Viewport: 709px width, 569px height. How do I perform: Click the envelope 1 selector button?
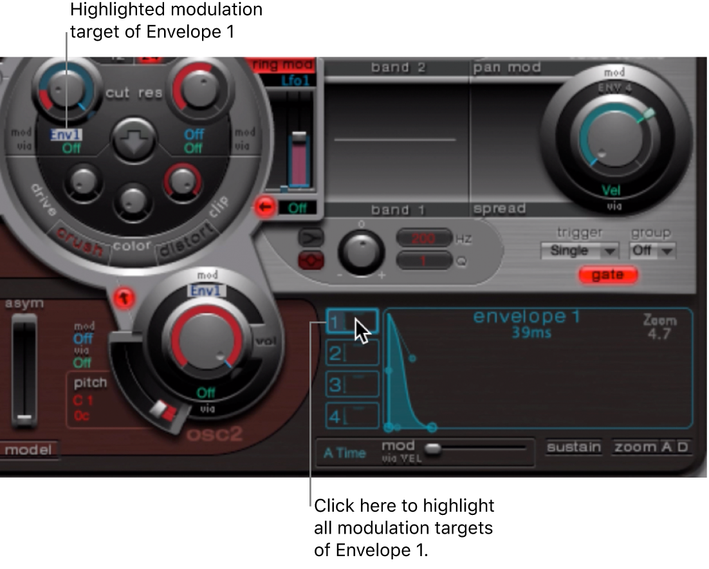click(351, 320)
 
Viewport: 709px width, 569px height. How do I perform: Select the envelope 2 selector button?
click(351, 353)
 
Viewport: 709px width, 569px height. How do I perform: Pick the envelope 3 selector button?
click(351, 384)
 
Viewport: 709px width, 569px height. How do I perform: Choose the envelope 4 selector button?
click(351, 416)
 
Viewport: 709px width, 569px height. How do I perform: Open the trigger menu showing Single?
click(579, 251)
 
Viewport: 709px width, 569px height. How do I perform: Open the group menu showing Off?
click(652, 251)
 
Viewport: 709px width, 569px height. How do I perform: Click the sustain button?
click(574, 447)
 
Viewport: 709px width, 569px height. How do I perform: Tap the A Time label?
click(344, 453)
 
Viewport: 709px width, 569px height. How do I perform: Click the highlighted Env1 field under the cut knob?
click(66, 135)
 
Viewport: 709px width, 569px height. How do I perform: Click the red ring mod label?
click(281, 65)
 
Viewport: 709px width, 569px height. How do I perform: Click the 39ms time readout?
click(527, 332)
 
